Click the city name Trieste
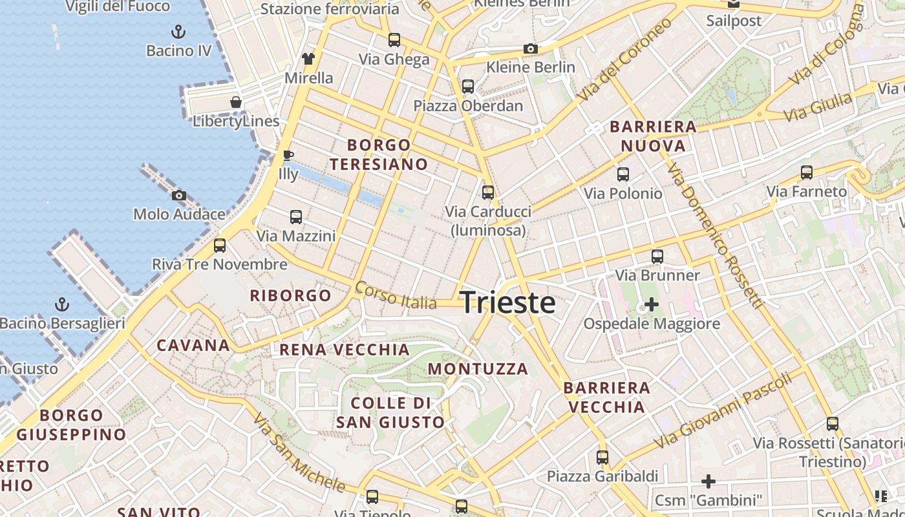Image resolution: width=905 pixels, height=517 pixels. point(507,302)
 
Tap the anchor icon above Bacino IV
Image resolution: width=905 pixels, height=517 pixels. point(178,31)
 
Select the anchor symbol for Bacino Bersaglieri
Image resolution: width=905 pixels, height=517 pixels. point(62,303)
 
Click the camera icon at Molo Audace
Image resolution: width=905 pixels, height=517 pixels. point(179,195)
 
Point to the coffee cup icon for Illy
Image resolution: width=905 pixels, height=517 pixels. point(288,155)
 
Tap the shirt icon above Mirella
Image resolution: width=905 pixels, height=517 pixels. point(308,59)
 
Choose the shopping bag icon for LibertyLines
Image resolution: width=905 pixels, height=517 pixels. point(236,102)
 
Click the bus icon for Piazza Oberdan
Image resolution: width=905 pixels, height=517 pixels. point(468,86)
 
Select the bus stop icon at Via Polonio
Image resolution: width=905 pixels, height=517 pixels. point(623,174)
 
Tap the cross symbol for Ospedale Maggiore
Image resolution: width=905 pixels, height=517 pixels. point(652,304)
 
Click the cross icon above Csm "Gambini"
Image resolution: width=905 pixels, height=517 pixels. point(708,481)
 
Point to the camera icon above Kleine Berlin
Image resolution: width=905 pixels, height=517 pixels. point(531,48)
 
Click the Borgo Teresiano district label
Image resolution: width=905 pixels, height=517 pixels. point(379,154)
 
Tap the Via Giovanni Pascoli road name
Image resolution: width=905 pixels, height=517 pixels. point(723,410)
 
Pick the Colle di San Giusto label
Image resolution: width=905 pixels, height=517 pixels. point(390,413)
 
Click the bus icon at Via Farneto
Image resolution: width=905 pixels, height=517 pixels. point(807,173)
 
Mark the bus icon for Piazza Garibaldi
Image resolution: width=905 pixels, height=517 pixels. point(602,457)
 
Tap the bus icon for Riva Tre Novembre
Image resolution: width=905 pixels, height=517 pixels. point(220,245)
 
